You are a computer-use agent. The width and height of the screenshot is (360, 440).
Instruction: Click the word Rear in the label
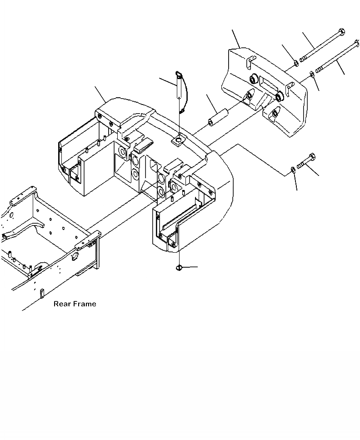62,304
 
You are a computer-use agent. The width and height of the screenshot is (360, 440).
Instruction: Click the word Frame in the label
85,304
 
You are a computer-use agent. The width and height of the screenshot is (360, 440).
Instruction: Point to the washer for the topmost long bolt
295,63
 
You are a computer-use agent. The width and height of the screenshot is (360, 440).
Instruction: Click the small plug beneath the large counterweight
179,268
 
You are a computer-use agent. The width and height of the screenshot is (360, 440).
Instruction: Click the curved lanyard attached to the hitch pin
183,95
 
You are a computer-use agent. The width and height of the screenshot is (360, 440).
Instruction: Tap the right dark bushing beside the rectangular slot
279,96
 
